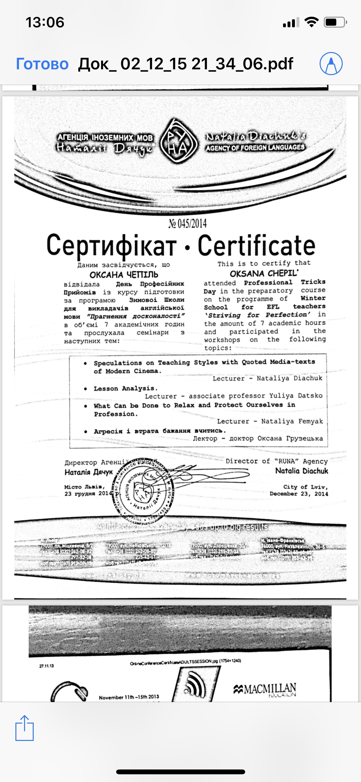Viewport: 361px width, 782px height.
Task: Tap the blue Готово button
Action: [x=42, y=64]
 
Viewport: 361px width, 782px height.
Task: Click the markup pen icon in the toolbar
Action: [x=331, y=64]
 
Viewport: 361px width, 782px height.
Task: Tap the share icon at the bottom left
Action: [x=24, y=728]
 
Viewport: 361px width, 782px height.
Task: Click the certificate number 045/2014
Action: [x=188, y=223]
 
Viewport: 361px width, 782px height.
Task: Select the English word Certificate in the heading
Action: [x=256, y=246]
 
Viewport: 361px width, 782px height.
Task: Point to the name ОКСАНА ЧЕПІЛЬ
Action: [x=124, y=275]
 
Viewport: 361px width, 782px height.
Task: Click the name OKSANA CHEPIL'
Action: [x=264, y=274]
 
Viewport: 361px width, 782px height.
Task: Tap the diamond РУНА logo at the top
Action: [x=178, y=142]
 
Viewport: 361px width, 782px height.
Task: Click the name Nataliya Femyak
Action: [x=292, y=421]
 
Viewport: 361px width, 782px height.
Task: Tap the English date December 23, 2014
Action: [x=298, y=494]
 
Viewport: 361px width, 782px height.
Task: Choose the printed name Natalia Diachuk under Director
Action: [x=302, y=471]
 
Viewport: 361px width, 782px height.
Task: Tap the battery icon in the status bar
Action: [x=335, y=22]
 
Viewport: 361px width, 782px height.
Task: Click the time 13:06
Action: [x=45, y=22]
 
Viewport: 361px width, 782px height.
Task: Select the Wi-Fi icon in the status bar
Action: [x=311, y=22]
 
